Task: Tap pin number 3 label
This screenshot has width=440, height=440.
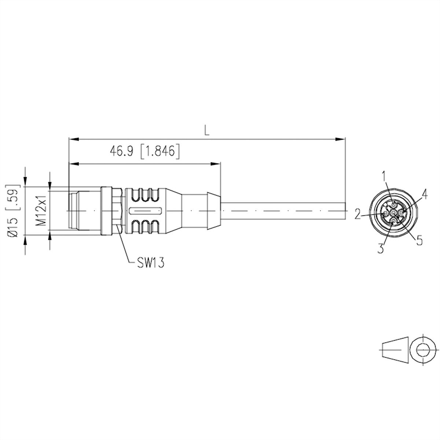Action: pyautogui.click(x=381, y=248)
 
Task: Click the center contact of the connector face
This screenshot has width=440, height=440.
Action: pyautogui.click(x=393, y=213)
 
